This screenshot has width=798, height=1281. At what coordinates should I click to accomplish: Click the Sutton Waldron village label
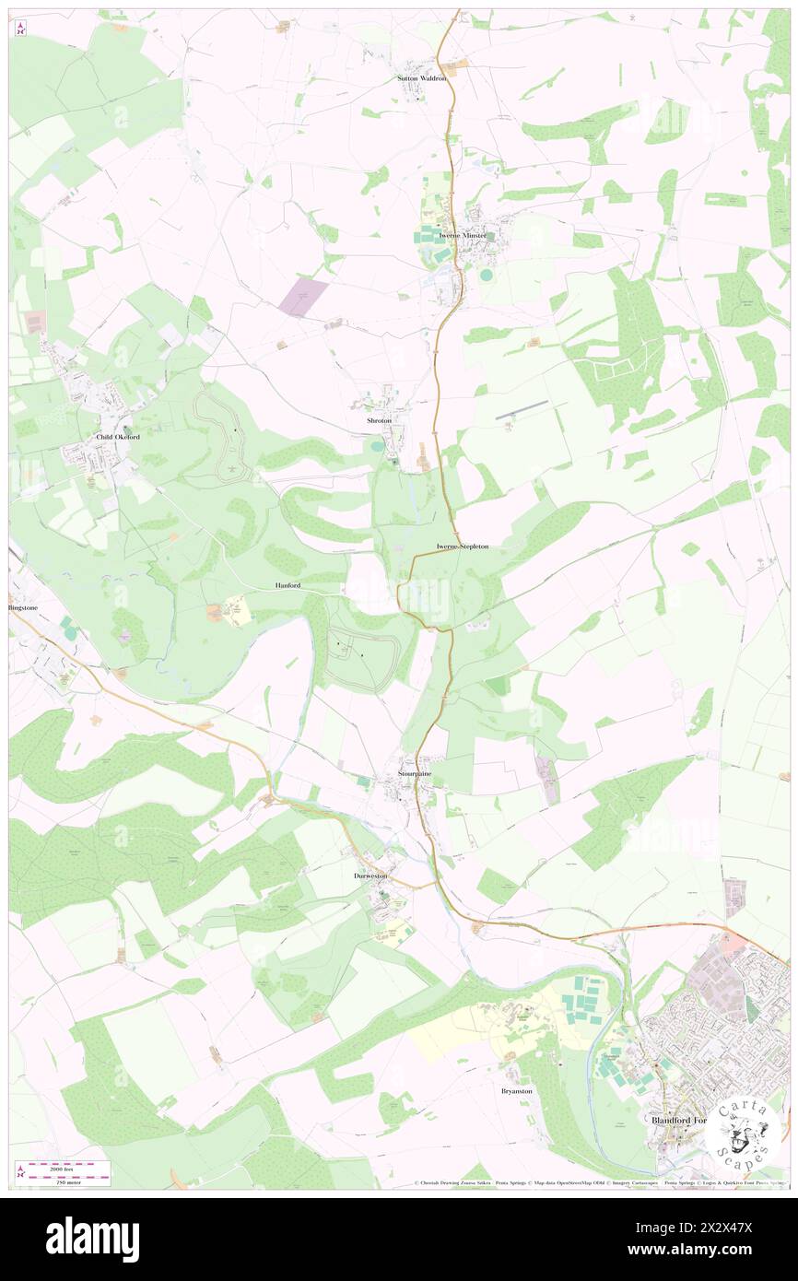point(421,78)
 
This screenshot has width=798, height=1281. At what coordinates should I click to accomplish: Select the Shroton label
point(379,420)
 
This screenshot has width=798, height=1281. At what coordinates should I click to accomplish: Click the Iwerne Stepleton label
point(463,546)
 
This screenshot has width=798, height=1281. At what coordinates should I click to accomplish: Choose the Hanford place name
point(288,585)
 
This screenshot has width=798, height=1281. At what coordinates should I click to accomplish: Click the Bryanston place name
point(516,1090)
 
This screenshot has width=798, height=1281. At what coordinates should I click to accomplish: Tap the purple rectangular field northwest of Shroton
point(305,297)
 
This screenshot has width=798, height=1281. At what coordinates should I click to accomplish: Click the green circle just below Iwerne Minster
point(486,274)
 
